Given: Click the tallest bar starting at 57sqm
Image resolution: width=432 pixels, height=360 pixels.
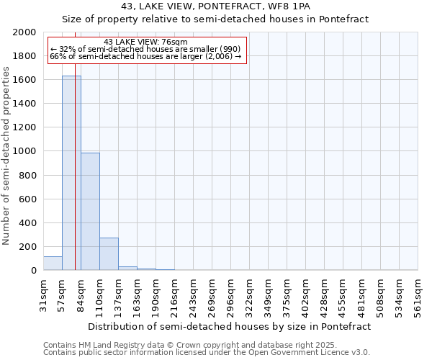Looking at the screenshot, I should pos(71,173).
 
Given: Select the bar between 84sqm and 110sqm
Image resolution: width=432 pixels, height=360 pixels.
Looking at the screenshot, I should pos(90,212).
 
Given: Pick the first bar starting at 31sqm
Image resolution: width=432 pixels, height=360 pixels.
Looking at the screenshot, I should pos(53,264).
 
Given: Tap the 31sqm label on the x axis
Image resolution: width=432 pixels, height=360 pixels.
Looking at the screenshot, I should pos(44,293).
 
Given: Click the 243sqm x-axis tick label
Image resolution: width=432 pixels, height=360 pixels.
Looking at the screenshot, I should pos(194,293).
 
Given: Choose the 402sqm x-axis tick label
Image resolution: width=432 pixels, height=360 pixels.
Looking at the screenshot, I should pos(306,293).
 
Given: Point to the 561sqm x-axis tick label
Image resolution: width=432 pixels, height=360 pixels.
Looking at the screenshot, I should pos(418,293).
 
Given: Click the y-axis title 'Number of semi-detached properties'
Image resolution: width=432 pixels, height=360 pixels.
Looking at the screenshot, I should pos(7,156).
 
